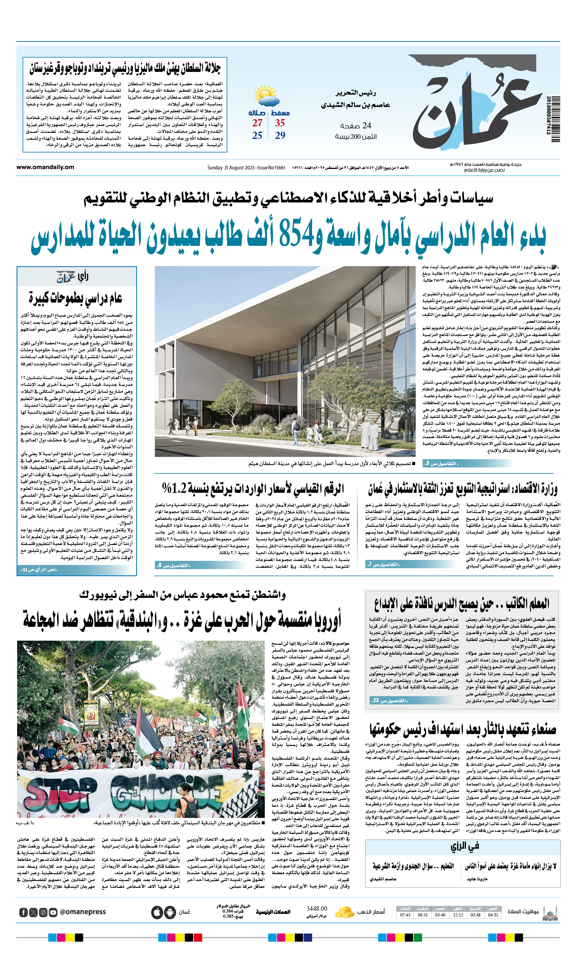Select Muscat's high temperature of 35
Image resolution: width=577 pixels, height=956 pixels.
(280, 123)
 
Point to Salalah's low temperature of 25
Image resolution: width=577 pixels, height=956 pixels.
(257, 135)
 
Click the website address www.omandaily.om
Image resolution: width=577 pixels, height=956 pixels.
(45, 167)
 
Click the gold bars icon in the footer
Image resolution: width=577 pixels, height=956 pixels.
(344, 912)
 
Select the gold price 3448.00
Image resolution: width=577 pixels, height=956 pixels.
(317, 909)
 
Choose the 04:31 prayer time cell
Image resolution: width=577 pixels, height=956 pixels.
(493, 915)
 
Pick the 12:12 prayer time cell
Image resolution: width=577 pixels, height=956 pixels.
(458, 915)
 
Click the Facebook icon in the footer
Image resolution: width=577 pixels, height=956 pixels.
(23, 913)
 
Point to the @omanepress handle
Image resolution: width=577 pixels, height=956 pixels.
(83, 912)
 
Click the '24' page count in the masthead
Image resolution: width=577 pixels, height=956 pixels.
(366, 125)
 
